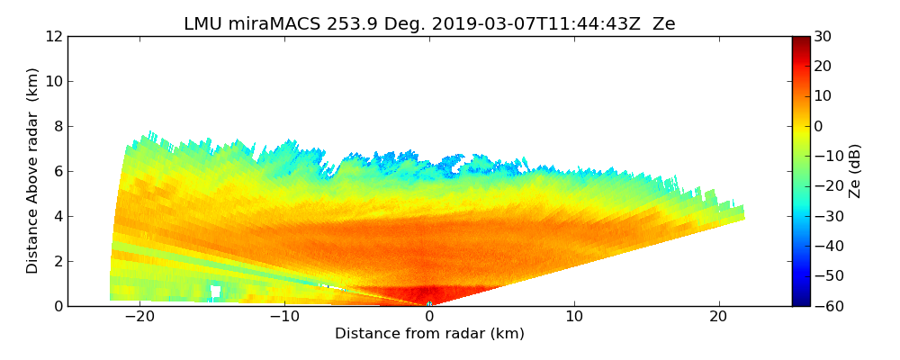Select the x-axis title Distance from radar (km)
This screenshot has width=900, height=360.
[x=429, y=334]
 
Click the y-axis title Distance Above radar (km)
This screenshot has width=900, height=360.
[x=33, y=171]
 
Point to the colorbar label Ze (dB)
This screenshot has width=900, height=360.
[x=855, y=171]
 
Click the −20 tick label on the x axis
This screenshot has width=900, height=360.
[x=139, y=317]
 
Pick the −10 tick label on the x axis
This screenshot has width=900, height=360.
[x=284, y=317]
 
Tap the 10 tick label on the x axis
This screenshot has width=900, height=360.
[x=574, y=317]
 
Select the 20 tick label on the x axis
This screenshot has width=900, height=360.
[x=718, y=317]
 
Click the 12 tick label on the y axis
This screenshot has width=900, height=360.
[x=53, y=36]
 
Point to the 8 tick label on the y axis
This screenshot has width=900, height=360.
[x=58, y=126]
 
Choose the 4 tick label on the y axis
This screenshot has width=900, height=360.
[x=58, y=216]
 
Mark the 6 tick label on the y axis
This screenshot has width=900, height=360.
[x=58, y=171]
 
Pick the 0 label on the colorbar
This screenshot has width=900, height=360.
[x=820, y=126]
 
